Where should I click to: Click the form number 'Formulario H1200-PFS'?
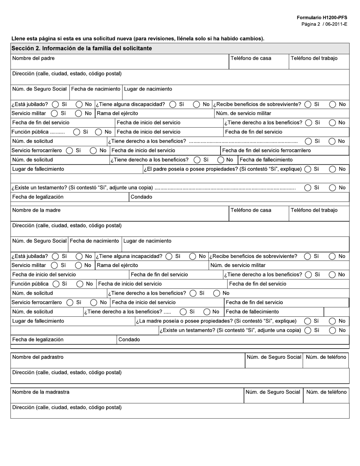coord(322,18)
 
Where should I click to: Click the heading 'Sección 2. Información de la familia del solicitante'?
coord(81,48)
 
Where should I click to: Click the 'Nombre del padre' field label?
coord(33,58)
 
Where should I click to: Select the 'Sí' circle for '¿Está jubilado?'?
coord(55,105)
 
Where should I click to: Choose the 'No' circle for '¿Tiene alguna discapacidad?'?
coord(197,105)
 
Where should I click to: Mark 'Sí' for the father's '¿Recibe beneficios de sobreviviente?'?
coord(308,105)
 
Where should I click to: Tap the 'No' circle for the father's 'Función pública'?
coord(99,132)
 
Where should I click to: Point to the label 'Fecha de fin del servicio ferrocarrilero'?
coord(266,150)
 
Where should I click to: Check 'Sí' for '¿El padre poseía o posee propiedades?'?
coord(308,169)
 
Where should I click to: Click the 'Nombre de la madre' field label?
coord(36,210)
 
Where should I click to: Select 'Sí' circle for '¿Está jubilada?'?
coord(55,256)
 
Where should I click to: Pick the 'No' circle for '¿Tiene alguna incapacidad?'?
coord(193,256)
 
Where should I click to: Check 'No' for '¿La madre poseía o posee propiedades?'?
coord(332,321)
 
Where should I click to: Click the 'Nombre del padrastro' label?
coord(38,357)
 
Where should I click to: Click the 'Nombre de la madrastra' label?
coord(41,392)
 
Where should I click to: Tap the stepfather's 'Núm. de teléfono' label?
coord(326,357)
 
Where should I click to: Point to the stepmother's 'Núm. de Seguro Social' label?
coord(273,392)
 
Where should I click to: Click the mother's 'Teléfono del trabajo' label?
coord(314,210)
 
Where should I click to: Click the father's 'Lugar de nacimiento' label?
coord(148,89)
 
